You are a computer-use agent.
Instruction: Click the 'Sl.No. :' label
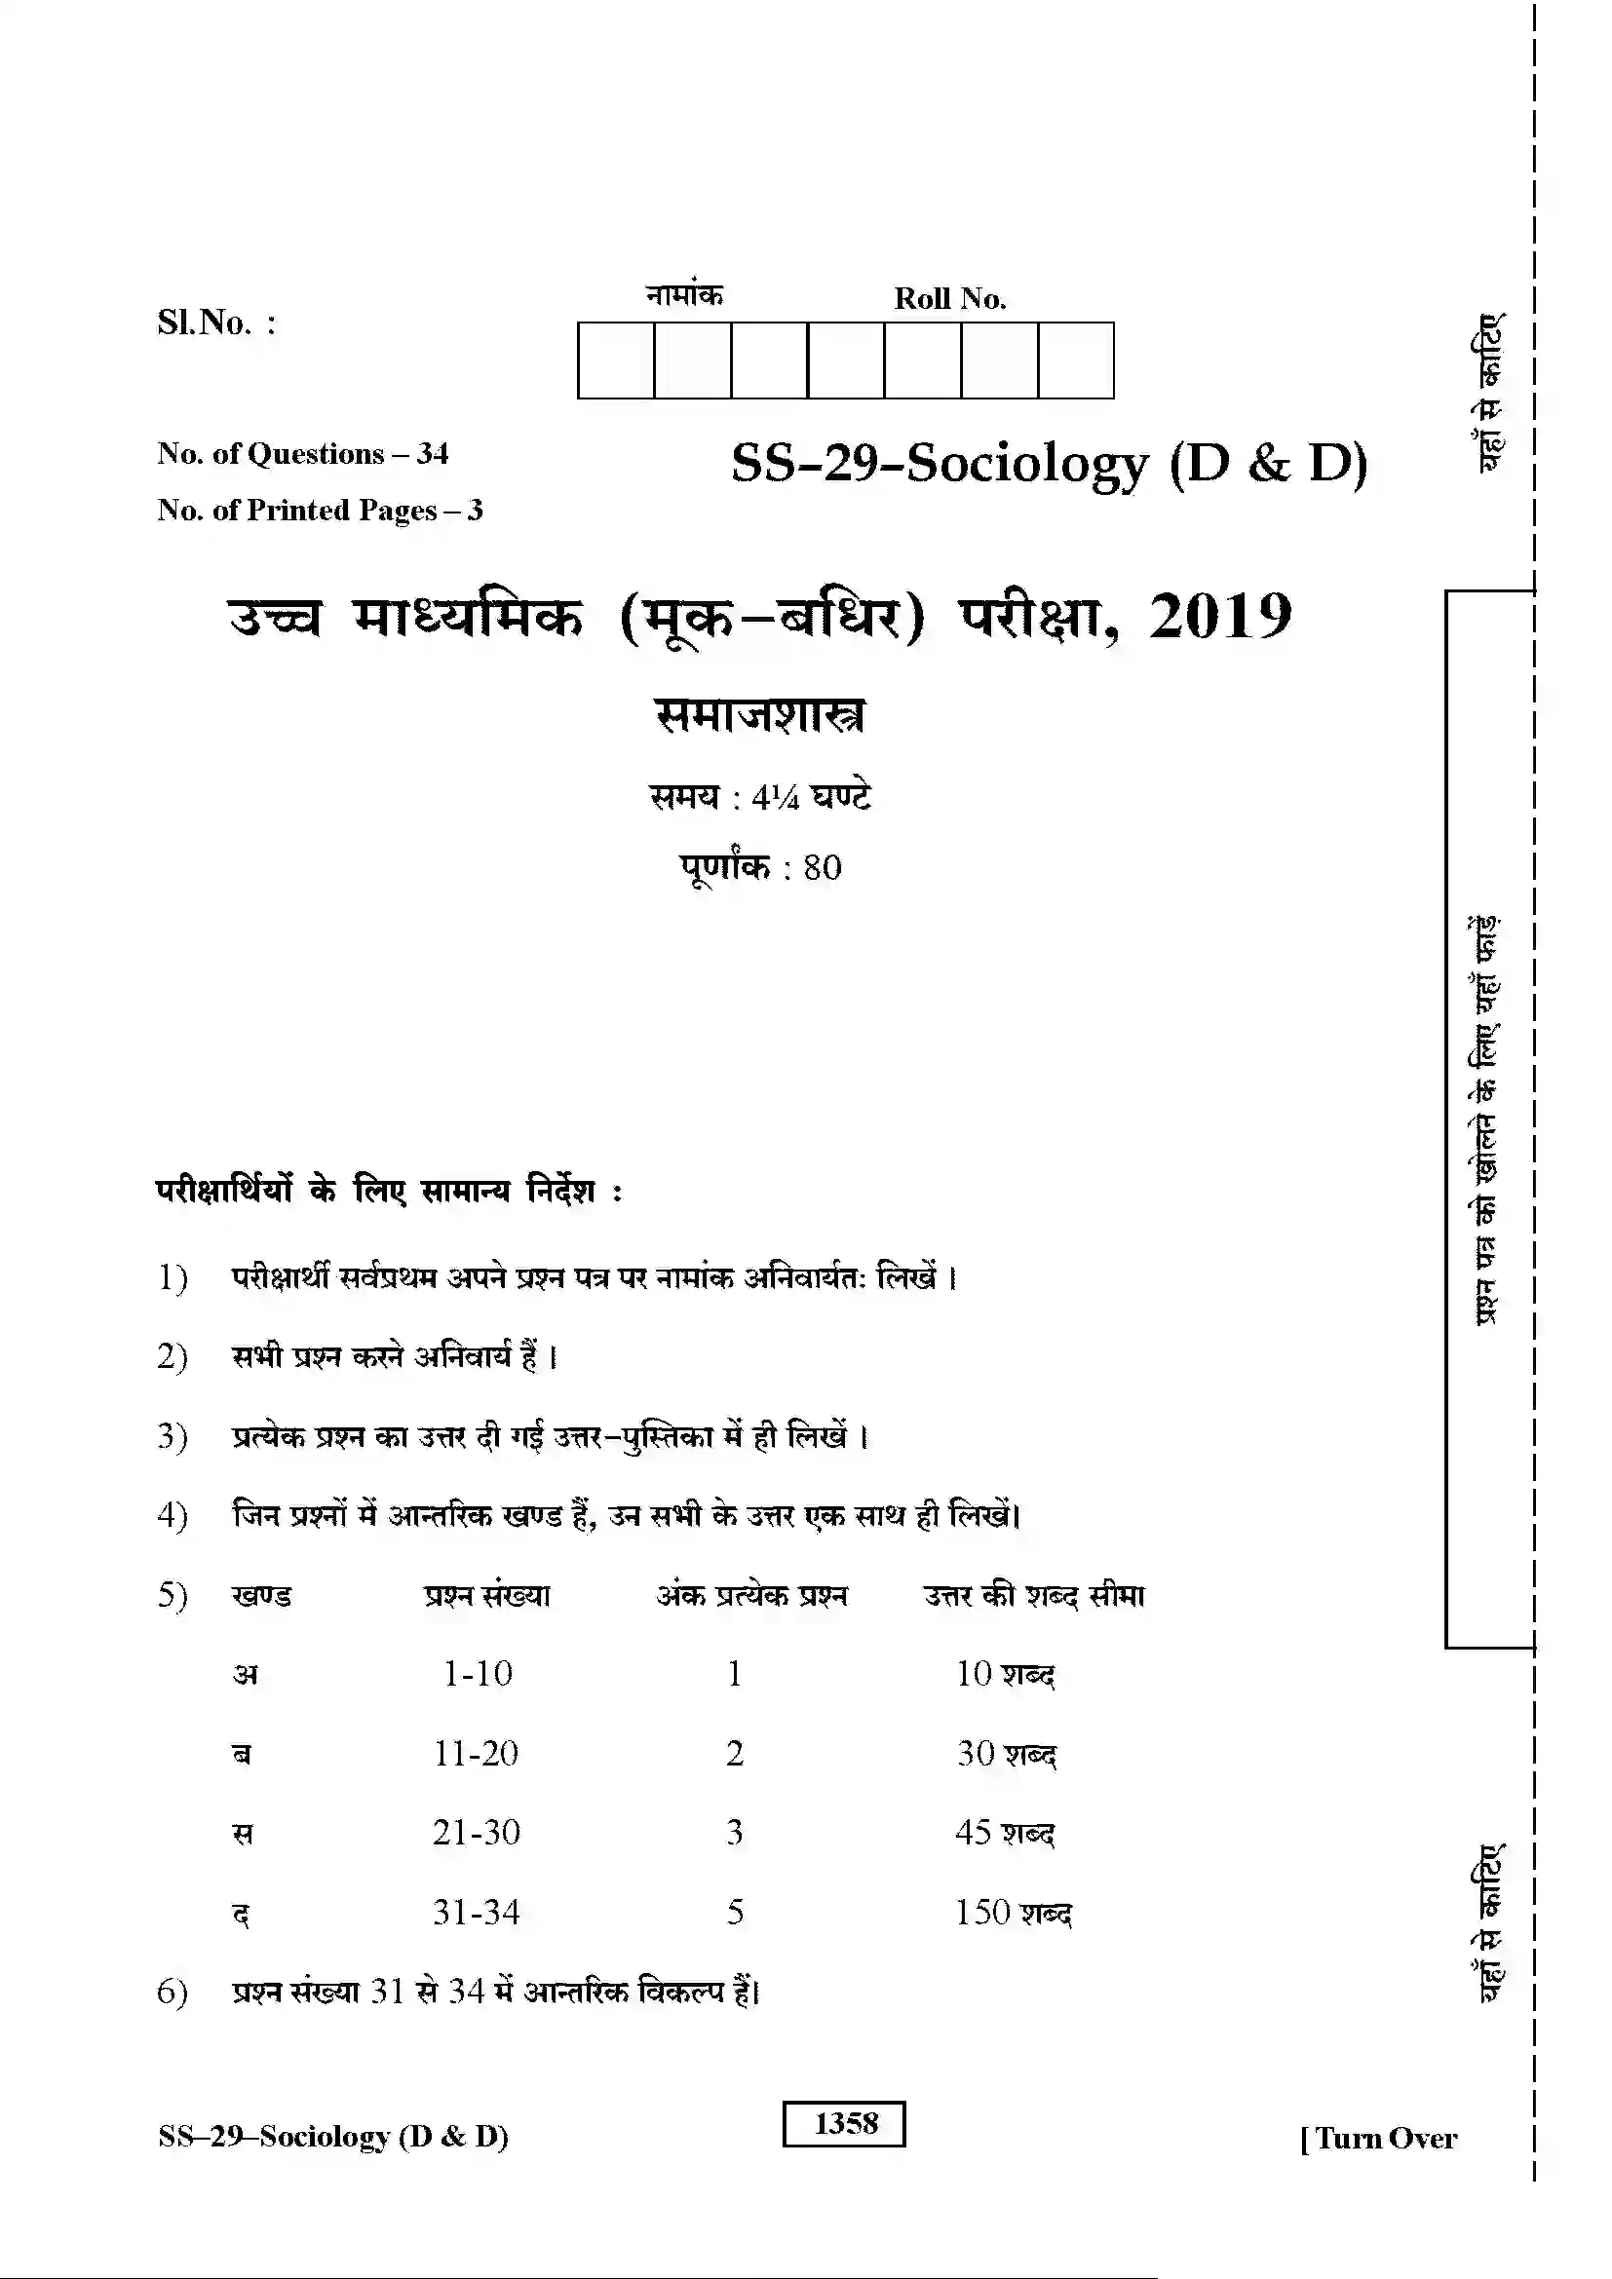click(216, 323)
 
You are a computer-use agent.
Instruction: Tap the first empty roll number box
click(615, 361)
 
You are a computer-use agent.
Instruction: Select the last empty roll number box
click(1076, 361)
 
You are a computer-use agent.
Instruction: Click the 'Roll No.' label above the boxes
click(949, 299)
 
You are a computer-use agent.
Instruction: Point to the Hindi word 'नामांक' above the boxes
click(684, 295)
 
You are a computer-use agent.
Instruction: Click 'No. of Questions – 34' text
click(303, 454)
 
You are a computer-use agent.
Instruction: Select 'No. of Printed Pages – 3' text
click(320, 511)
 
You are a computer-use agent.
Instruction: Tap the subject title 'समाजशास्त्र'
click(759, 714)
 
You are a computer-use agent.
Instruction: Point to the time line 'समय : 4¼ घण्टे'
click(760, 797)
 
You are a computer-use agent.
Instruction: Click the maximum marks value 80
click(822, 867)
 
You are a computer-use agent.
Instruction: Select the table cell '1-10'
click(478, 1674)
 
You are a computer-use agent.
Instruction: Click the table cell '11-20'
click(477, 1753)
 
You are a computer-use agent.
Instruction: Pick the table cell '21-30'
click(477, 1833)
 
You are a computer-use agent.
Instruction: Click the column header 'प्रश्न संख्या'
click(486, 1595)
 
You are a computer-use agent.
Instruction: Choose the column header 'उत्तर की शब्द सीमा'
click(1034, 1595)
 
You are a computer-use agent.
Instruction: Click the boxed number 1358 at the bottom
click(845, 2124)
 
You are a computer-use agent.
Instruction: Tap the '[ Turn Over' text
click(1379, 2137)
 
